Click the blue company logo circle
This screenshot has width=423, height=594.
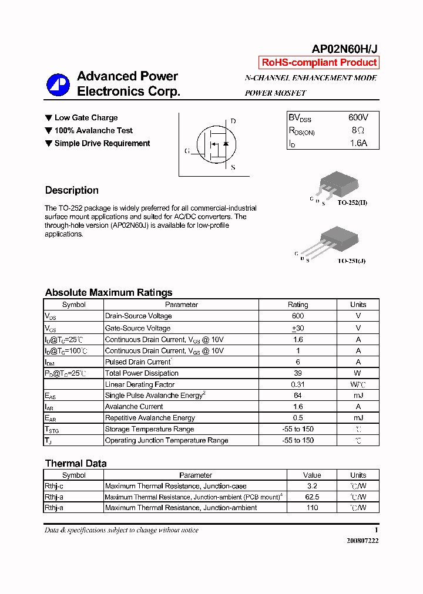coord(58,85)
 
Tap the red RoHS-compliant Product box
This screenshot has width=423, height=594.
coord(319,63)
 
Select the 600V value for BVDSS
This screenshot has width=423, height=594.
coord(358,118)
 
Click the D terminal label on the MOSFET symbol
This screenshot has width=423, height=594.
coord(233,121)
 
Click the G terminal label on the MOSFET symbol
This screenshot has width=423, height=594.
coord(187,151)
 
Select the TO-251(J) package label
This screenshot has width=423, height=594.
coord(351,261)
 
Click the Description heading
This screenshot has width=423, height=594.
coord(72,190)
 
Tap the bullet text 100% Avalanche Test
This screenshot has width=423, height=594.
coord(93,130)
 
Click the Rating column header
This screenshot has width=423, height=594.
coord(297,305)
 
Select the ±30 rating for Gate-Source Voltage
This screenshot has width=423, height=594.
coord(297,328)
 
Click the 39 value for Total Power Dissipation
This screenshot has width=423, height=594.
coord(297,373)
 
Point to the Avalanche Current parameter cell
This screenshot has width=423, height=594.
coord(134,407)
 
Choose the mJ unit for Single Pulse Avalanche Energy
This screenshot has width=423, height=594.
coord(358,396)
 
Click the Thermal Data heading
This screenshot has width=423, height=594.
coord(76,463)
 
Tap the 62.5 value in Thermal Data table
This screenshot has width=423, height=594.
coord(312,497)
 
